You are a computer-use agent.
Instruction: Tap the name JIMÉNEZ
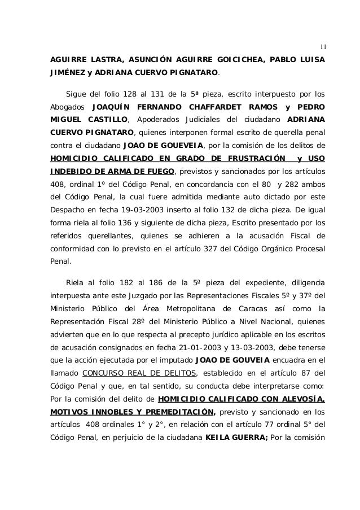[62, 73]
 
